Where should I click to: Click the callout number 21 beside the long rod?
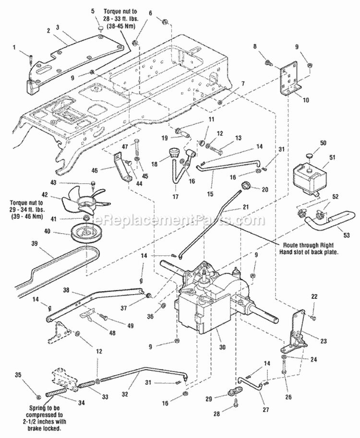point(246,208)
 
